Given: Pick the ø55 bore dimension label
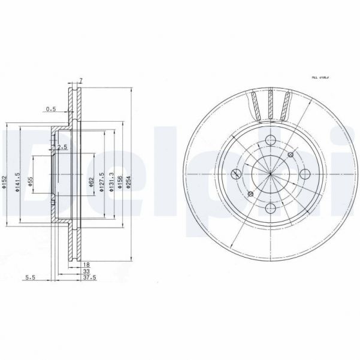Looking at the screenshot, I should (30, 181).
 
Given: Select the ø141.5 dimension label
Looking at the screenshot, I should (18, 181).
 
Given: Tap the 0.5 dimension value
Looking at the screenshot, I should (51, 109).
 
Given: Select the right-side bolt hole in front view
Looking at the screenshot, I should (304, 174).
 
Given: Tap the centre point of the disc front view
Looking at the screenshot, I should (271, 174).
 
